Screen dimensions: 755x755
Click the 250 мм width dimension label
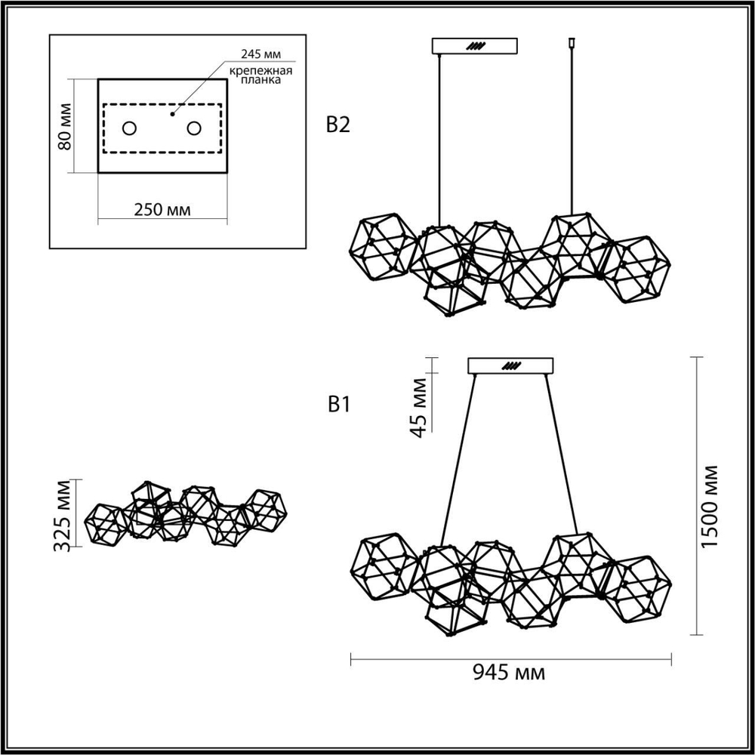162,209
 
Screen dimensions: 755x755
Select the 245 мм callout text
257,54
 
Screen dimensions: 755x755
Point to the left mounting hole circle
129,128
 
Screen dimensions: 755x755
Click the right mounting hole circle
195,128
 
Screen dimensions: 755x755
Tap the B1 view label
337,405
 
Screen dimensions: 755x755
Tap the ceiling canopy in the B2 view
474,46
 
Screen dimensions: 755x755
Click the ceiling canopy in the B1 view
511,365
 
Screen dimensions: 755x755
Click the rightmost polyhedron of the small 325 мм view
263,510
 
